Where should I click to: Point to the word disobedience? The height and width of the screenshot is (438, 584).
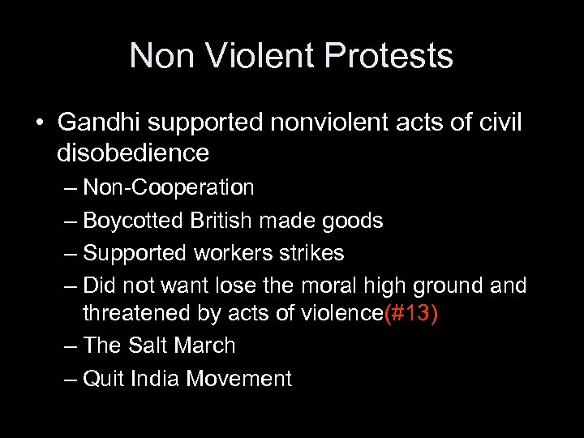pyautogui.click(x=133, y=152)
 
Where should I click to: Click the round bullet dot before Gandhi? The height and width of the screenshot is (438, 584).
pyautogui.click(x=38, y=123)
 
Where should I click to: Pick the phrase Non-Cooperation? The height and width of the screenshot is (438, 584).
pyautogui.click(x=169, y=188)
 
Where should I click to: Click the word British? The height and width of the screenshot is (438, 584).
pyautogui.click(x=217, y=221)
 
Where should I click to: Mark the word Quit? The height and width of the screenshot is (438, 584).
pyautogui.click(x=103, y=378)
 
